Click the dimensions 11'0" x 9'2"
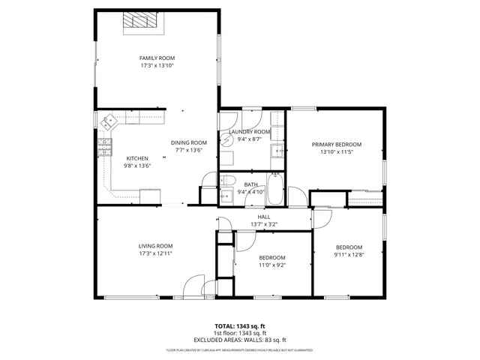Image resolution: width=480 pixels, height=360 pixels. tap(272, 265)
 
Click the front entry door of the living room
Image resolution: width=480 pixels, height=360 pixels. tap(194, 289)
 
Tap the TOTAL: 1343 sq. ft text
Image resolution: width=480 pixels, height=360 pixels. tap(240, 326)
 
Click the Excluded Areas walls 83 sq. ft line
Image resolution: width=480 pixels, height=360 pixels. tap(240, 340)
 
